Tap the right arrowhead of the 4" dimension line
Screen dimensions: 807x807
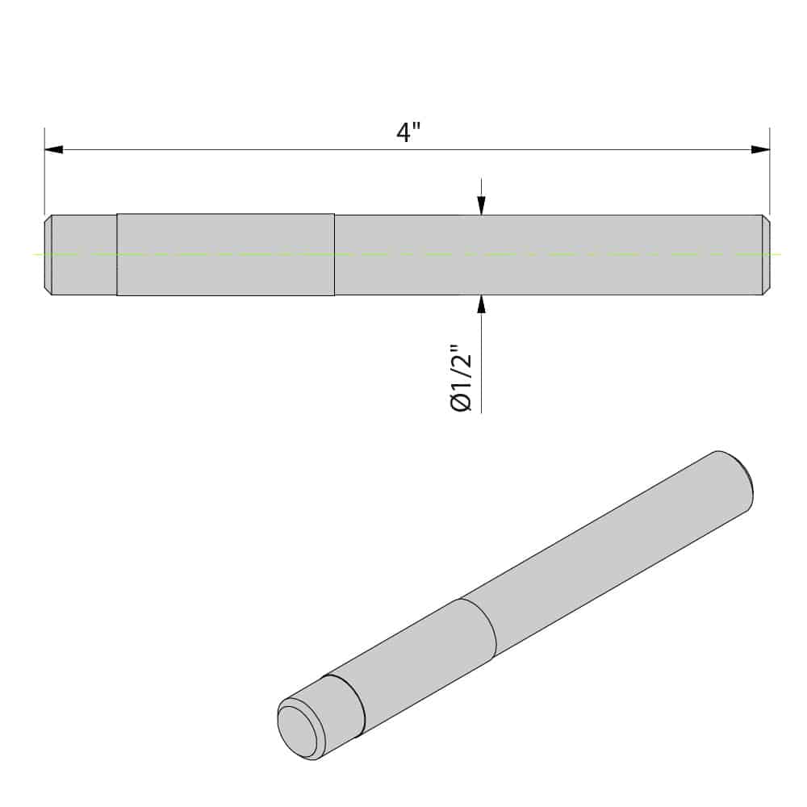[759, 150]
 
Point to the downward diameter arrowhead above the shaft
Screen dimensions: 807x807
[482, 205]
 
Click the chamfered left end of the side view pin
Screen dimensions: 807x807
[48, 255]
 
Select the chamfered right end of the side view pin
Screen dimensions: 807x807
[766, 255]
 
